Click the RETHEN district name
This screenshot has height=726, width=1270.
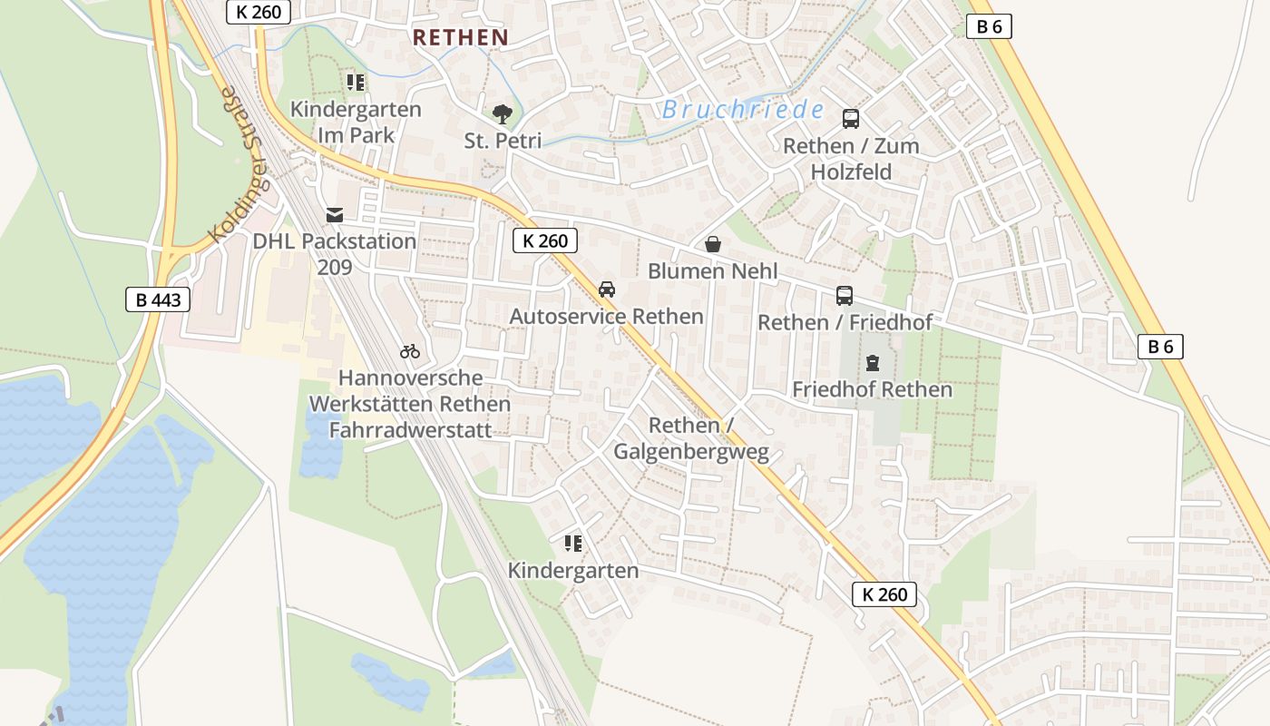pos(460,37)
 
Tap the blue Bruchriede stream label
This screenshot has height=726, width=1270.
pos(743,110)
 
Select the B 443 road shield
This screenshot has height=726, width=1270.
pos(158,299)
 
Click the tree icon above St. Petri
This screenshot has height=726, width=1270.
pos(502,114)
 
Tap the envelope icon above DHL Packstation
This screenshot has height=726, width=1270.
pos(335,215)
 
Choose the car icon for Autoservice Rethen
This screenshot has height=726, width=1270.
pos(607,289)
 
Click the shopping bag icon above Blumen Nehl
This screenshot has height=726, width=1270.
pos(713,244)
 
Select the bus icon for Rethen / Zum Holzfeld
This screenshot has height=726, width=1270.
pos(851,119)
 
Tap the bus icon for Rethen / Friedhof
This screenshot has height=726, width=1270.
pos(845,296)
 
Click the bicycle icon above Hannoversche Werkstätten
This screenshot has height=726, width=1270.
pos(410,351)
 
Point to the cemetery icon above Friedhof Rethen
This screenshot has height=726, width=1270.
pos(873,363)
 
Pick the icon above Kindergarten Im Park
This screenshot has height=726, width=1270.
pos(356,83)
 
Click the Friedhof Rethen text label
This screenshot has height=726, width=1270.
pos(873,389)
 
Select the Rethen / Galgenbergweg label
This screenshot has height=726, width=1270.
pos(691,438)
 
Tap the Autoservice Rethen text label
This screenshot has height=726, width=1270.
pos(607,316)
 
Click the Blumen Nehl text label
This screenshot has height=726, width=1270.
pos(713,270)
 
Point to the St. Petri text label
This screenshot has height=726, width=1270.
pos(503,141)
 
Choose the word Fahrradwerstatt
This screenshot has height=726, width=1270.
pos(410,429)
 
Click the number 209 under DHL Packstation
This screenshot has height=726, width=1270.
pos(335,267)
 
